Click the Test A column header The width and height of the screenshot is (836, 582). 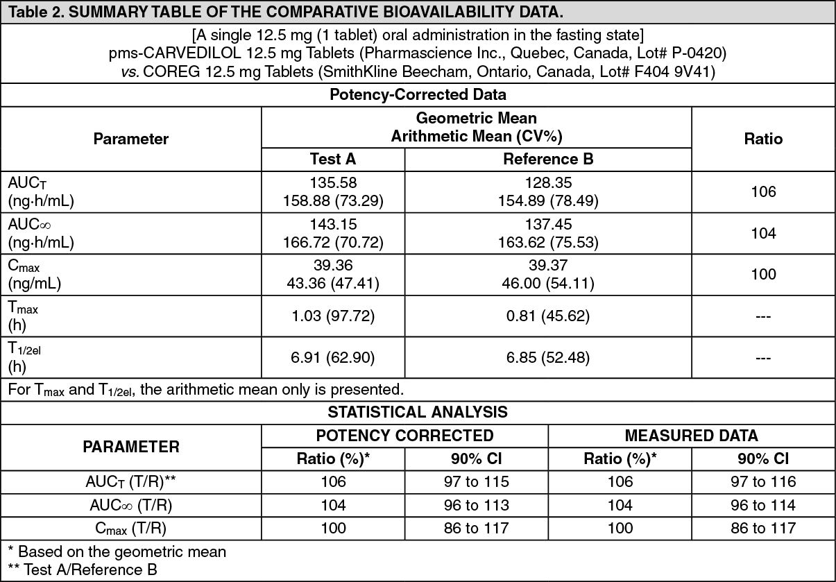(x=333, y=159)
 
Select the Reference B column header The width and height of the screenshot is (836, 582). (x=548, y=159)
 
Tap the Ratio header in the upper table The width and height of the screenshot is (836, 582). (x=763, y=139)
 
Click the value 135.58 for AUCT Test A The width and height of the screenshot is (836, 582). (x=333, y=183)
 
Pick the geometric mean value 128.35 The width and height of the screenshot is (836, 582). (x=548, y=183)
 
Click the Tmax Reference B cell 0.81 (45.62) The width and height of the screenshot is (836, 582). (x=548, y=316)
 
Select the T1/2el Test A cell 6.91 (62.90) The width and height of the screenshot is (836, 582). (x=333, y=358)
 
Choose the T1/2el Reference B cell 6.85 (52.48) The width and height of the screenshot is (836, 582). (x=548, y=358)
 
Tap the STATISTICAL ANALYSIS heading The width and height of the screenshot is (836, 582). (x=418, y=412)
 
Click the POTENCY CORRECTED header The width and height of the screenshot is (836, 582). (x=404, y=436)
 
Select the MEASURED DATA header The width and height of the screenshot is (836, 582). (x=691, y=436)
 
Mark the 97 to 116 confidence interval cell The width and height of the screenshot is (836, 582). (x=763, y=481)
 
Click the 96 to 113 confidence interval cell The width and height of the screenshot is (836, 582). (x=476, y=505)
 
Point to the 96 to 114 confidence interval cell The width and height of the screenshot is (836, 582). (x=763, y=505)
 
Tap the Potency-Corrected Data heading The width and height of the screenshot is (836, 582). (x=418, y=94)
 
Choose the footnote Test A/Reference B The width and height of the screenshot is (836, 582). (x=89, y=570)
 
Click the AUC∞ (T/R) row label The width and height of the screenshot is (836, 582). (x=131, y=505)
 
